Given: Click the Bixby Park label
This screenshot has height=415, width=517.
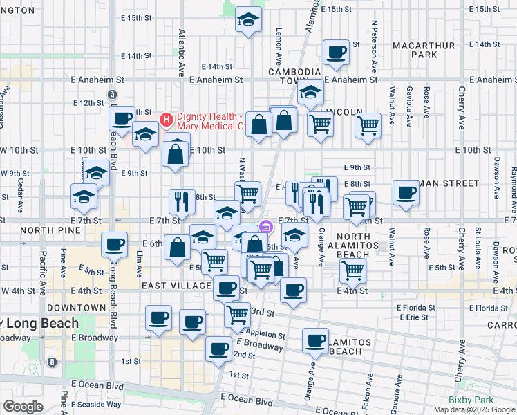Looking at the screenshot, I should click(x=471, y=399).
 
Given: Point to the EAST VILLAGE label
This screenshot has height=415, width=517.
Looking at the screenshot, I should click(x=176, y=286).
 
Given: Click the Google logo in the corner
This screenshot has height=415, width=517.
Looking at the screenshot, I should click(x=23, y=406).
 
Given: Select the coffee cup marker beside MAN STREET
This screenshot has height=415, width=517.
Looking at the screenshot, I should click(x=406, y=193).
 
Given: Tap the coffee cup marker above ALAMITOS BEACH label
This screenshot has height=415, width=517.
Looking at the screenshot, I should click(x=316, y=341).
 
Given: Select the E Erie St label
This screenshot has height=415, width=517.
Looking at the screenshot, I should click(x=413, y=317).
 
